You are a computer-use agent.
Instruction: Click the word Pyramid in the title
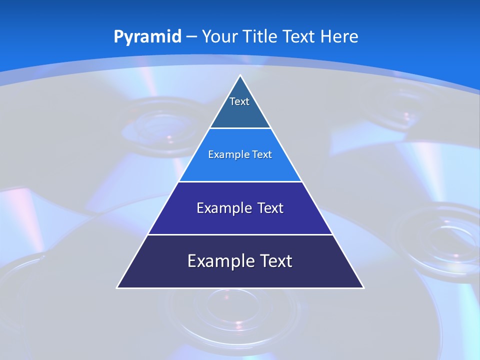click(x=147, y=37)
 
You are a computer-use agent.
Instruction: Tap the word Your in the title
click(x=220, y=36)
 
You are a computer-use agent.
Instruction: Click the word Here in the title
click(x=339, y=36)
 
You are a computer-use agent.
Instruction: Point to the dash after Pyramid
click(x=191, y=37)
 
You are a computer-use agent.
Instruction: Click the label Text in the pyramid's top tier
click(x=239, y=101)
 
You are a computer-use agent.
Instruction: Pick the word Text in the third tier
click(x=270, y=208)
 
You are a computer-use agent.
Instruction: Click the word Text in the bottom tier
click(x=276, y=261)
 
